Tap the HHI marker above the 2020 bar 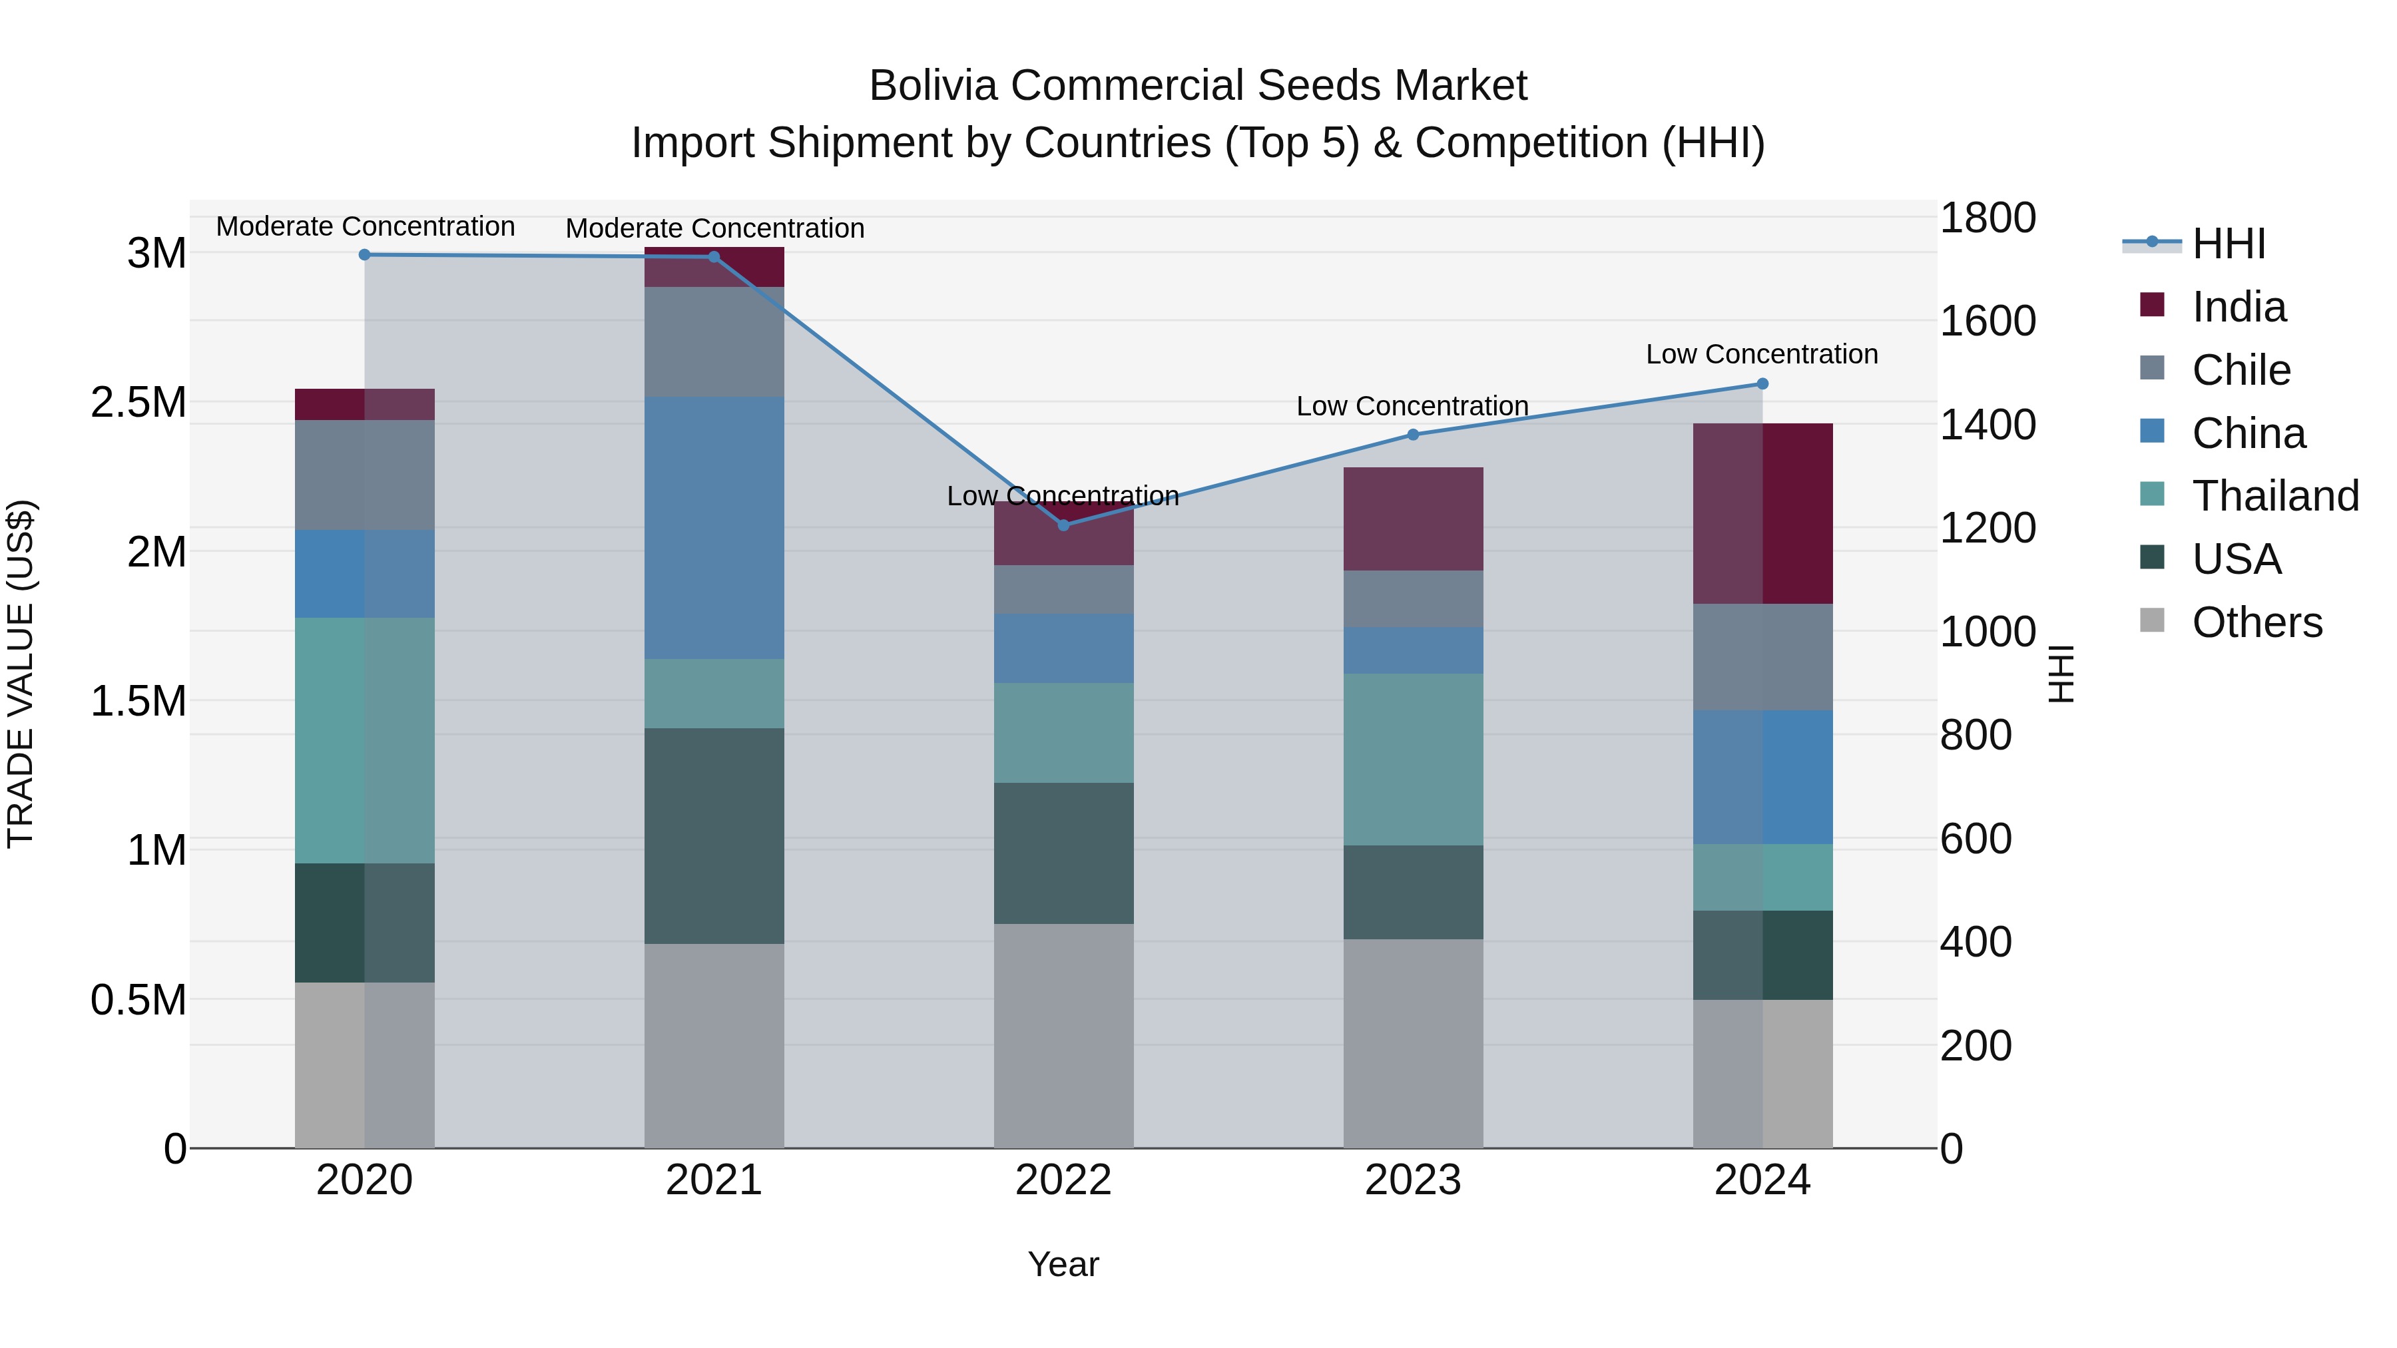[x=365, y=255]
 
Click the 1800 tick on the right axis [x=1988, y=218]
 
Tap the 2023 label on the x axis [x=1412, y=1180]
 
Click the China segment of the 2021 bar [x=714, y=527]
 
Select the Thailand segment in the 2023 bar [x=1412, y=759]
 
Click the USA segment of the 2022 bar [x=1063, y=853]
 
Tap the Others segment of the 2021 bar [x=714, y=1046]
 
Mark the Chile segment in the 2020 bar [x=365, y=475]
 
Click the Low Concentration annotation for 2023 [x=1412, y=407]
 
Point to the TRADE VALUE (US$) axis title [x=21, y=674]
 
